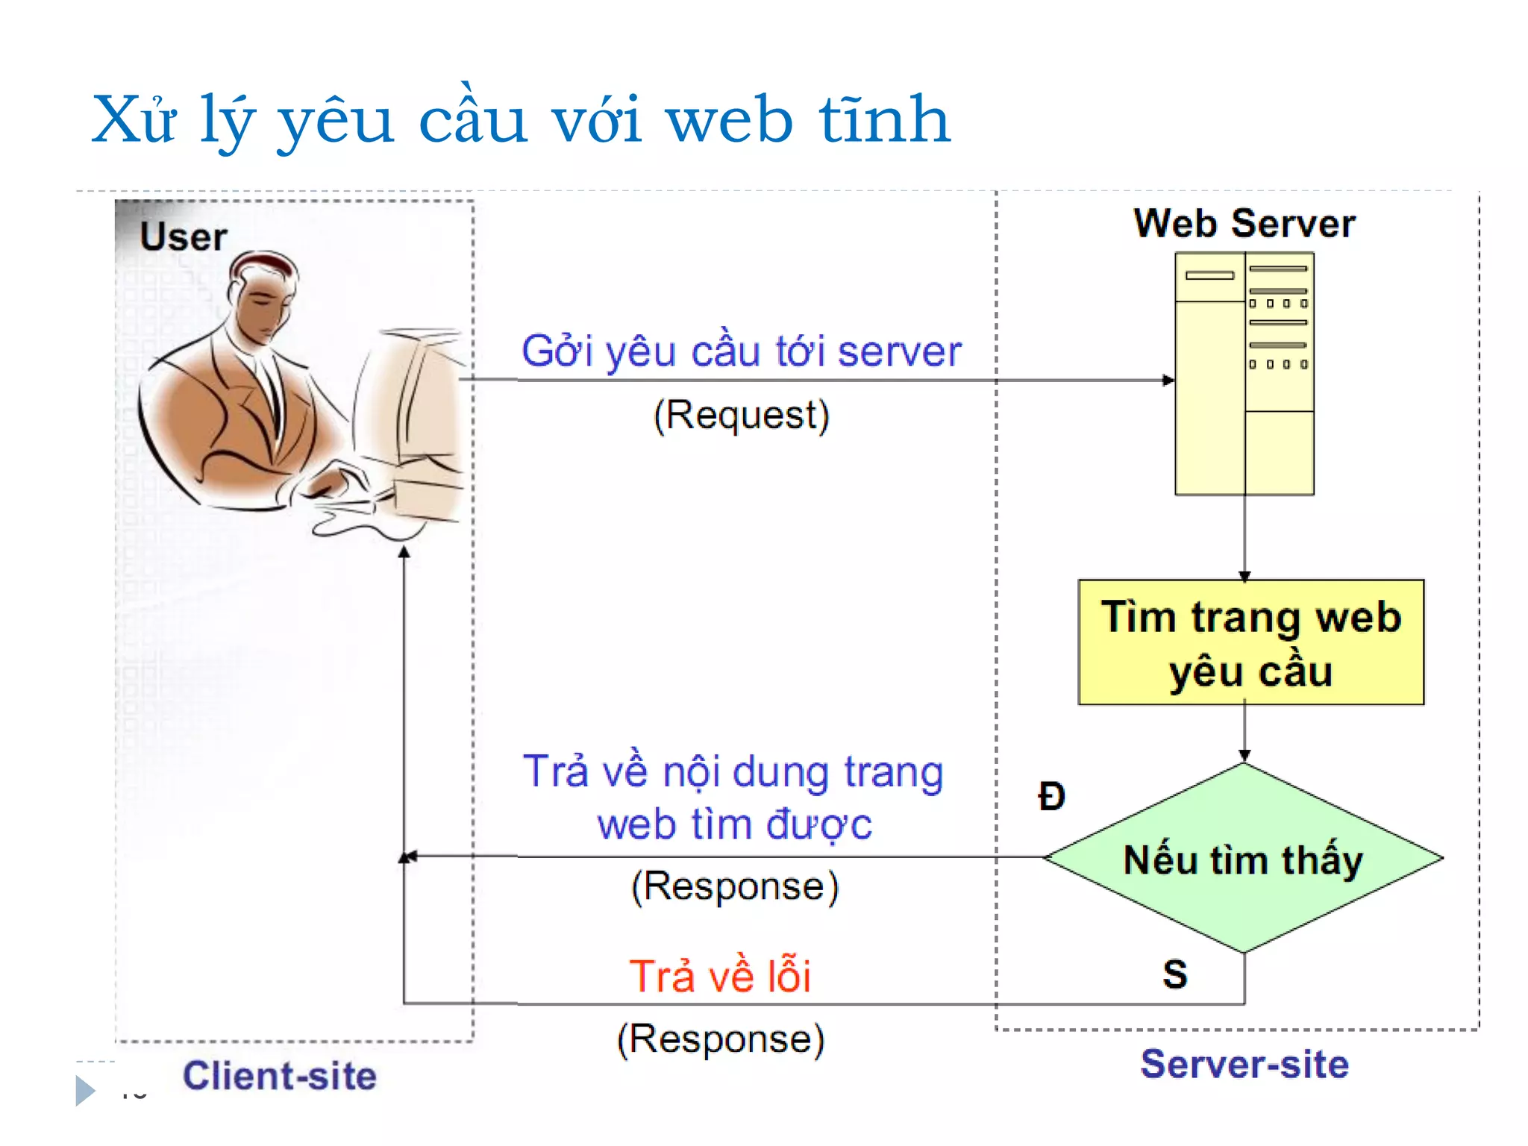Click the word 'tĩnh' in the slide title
click(x=884, y=119)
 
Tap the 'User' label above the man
click(x=183, y=237)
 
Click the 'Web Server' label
click(x=1244, y=224)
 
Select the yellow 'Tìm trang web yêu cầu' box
click(x=1250, y=642)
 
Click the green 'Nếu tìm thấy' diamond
click(x=1243, y=859)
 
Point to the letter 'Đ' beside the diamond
click(x=1051, y=797)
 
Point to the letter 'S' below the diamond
click(x=1174, y=974)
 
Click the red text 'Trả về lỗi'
click(x=720, y=976)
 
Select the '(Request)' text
click(x=741, y=415)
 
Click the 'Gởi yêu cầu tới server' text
click(x=741, y=351)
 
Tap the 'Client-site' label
click(x=280, y=1076)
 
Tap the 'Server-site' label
click(x=1244, y=1064)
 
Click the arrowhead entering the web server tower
click(x=1168, y=381)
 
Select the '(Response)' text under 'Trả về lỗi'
click(x=721, y=1039)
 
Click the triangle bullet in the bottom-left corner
click(x=85, y=1091)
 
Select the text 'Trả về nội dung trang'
click(x=733, y=771)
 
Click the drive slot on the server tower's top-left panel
click(x=1209, y=275)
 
